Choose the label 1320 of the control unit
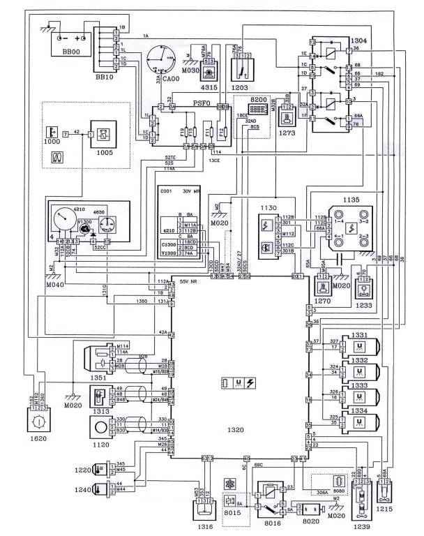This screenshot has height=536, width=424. pyautogui.click(x=240, y=431)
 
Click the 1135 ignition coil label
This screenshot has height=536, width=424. pyautogui.click(x=351, y=200)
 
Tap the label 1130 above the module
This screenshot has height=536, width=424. pyautogui.click(x=268, y=207)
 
